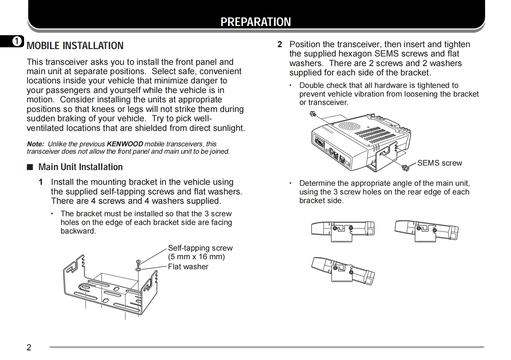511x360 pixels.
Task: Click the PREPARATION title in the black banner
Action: [x=255, y=22]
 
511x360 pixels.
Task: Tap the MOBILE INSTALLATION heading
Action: [x=75, y=46]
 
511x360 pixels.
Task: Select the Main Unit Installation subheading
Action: [x=80, y=167]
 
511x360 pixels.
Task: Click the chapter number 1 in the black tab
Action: [x=17, y=41]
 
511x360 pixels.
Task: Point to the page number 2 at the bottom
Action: [x=29, y=347]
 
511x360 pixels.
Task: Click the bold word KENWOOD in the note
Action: [x=125, y=144]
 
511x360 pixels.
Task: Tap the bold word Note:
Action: [x=35, y=144]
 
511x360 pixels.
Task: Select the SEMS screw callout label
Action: [x=440, y=163]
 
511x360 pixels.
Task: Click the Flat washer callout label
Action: [x=188, y=267]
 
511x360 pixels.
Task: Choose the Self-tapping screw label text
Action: [x=200, y=248]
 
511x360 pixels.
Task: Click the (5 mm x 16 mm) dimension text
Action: [x=196, y=257]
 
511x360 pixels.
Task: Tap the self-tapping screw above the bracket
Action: [x=138, y=263]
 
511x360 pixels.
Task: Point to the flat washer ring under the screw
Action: [x=138, y=269]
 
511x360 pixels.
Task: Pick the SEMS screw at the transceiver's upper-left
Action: [x=313, y=114]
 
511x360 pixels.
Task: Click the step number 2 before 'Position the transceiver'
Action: [x=280, y=44]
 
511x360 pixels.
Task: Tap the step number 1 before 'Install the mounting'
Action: [x=41, y=182]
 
